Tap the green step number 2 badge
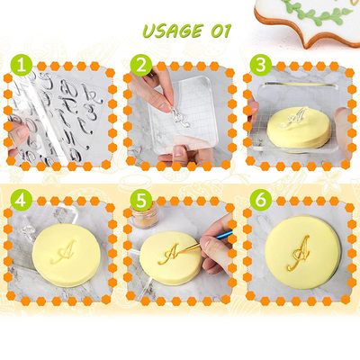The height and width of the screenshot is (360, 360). pyautogui.click(x=140, y=66)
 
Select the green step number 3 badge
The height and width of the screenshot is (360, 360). pyautogui.click(x=260, y=66)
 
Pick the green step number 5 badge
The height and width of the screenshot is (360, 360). pyautogui.click(x=140, y=199)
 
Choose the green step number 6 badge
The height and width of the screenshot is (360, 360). pyautogui.click(x=260, y=199)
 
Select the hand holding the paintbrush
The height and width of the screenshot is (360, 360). pyautogui.click(x=220, y=252)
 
